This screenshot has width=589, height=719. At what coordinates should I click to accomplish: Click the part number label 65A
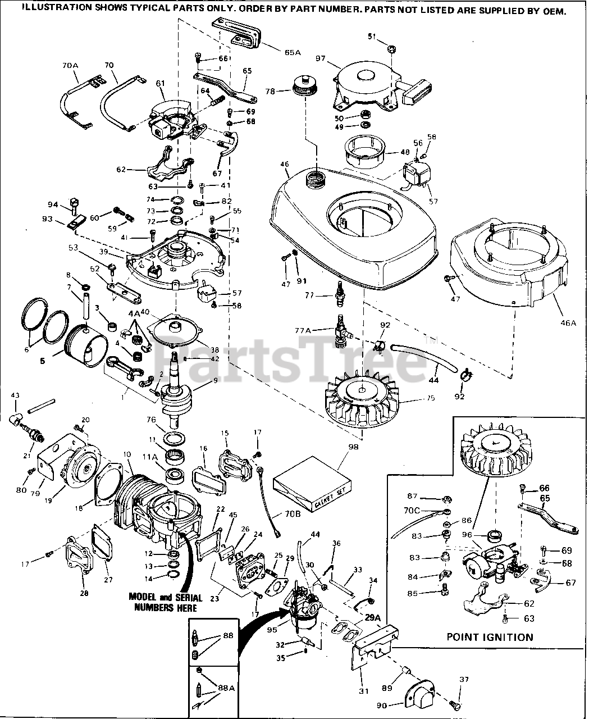click(293, 52)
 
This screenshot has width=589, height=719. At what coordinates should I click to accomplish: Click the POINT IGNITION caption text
click(490, 637)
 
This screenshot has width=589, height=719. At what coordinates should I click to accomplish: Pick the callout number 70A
click(70, 66)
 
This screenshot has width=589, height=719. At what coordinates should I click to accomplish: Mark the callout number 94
click(53, 204)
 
